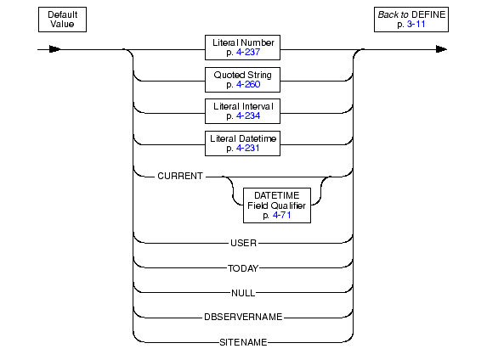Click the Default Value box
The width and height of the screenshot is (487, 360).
[x=62, y=20]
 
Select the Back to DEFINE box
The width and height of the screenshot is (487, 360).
[x=411, y=20]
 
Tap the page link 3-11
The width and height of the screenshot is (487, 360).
[x=416, y=25]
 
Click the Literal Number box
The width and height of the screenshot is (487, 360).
[x=242, y=48]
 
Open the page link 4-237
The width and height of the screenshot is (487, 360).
[x=248, y=52]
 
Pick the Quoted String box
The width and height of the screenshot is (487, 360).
[x=242, y=80]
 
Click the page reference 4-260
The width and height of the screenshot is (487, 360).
[x=248, y=84]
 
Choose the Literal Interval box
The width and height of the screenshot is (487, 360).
[x=242, y=111]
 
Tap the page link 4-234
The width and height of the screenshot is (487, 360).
[x=248, y=116]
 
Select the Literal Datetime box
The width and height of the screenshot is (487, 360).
[x=242, y=143]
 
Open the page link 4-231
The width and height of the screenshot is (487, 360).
[x=247, y=148]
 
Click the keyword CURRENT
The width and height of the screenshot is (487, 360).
[x=180, y=176]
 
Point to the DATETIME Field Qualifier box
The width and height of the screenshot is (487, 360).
[x=277, y=205]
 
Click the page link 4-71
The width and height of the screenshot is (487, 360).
[x=281, y=215]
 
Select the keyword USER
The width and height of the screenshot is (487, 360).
[x=243, y=243]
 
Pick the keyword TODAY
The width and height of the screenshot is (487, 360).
[x=243, y=268]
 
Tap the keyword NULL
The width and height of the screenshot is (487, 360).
[x=243, y=293]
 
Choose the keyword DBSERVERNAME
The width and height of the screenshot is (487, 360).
[x=243, y=317]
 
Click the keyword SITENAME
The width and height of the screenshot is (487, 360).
[x=243, y=342]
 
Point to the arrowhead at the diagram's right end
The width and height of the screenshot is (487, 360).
[x=441, y=49]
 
